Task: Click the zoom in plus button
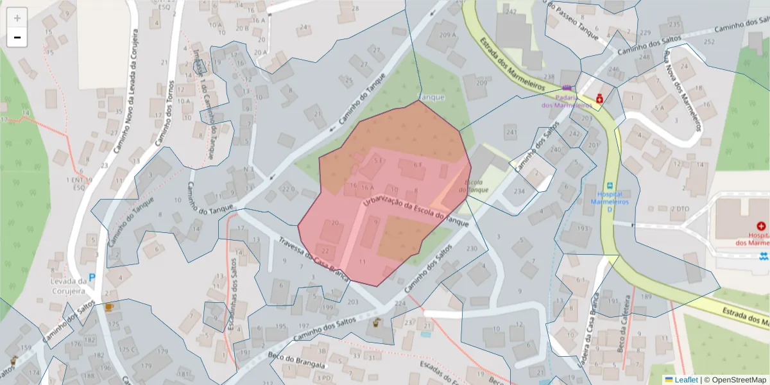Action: pyautogui.click(x=17, y=18)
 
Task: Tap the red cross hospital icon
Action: pyautogui.click(x=761, y=226)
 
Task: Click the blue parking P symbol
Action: pyautogui.click(x=91, y=278)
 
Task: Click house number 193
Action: pyautogui.click(x=583, y=228)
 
